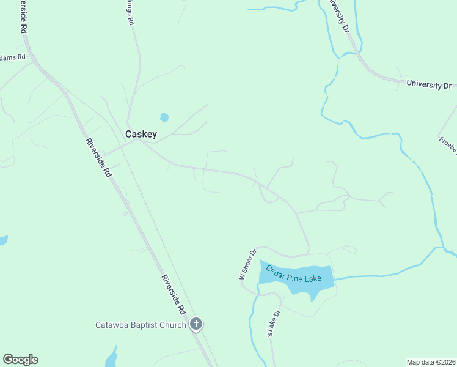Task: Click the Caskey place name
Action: [141, 134]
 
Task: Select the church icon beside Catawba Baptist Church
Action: [196, 325]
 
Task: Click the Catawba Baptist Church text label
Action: [141, 325]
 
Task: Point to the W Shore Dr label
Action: [247, 264]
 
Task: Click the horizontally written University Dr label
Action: [433, 85]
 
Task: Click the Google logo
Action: [20, 360]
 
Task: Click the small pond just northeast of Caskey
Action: [164, 117]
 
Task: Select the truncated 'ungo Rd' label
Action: [130, 12]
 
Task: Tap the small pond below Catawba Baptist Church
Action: [112, 357]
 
